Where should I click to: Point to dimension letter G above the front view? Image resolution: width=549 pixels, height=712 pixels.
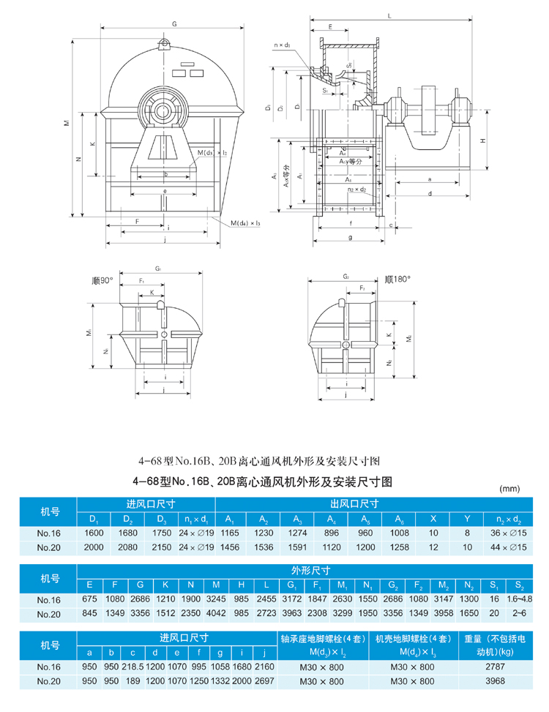(174, 24)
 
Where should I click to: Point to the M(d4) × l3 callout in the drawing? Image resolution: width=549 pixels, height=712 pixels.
(246, 222)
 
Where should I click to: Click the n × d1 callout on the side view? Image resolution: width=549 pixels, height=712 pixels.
(283, 45)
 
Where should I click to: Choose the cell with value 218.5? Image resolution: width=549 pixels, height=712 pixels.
(136, 667)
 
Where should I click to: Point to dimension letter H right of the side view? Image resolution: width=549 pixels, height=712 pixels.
(483, 140)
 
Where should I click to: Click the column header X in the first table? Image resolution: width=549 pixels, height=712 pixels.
(433, 519)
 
